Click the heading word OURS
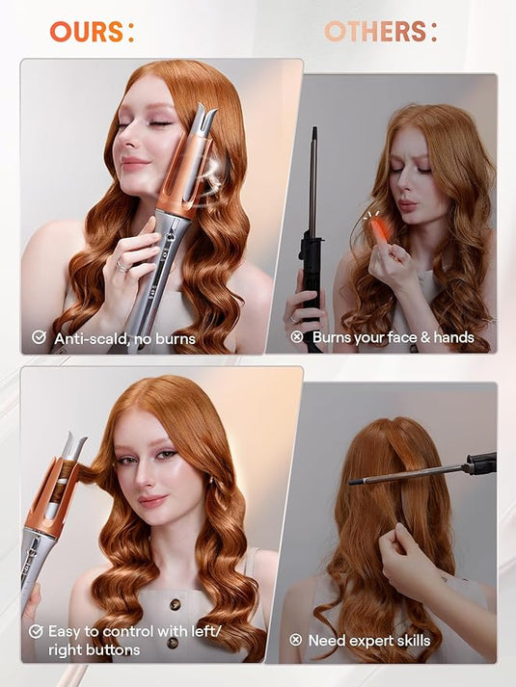click(x=87, y=31)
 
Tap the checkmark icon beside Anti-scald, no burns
click(x=39, y=338)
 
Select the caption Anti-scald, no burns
click(x=124, y=338)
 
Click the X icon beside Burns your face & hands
click(x=297, y=337)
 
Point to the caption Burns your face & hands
click(x=394, y=337)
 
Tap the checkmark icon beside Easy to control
click(x=37, y=631)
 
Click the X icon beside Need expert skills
click(x=297, y=640)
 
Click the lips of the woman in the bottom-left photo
click(x=152, y=501)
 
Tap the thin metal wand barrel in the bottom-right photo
click(x=405, y=474)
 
